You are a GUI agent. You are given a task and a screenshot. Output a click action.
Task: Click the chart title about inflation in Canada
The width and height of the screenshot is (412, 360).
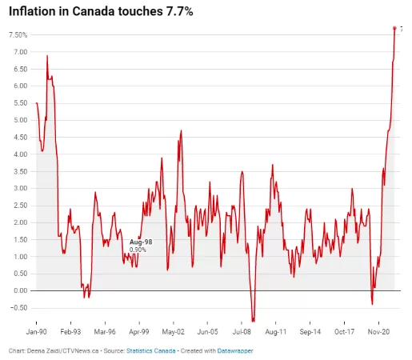click(101, 11)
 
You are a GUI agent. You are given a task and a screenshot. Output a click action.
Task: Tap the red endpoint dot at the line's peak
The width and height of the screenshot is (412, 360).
click(394, 28)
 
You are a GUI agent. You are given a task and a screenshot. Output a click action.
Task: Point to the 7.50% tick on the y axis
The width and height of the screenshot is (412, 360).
click(18, 35)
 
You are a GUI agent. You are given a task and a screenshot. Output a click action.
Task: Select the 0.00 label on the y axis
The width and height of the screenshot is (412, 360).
click(21, 290)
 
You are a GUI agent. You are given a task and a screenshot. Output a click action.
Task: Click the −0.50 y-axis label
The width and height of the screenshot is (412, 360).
click(19, 308)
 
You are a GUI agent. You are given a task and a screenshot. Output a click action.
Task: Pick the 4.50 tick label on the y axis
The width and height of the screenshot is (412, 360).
click(21, 138)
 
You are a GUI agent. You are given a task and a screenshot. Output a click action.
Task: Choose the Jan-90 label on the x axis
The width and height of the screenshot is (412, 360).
click(36, 332)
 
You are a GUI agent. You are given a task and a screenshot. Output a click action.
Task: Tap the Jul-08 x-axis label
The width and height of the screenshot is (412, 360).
click(242, 332)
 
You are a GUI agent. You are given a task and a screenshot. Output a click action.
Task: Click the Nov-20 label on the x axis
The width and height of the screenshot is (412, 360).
click(378, 332)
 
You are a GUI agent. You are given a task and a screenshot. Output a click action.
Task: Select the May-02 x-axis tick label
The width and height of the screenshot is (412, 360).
click(174, 332)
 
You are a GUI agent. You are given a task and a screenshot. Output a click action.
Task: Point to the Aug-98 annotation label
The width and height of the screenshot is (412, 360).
click(141, 242)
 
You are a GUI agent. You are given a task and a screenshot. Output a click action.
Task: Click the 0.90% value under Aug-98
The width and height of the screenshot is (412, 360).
click(138, 250)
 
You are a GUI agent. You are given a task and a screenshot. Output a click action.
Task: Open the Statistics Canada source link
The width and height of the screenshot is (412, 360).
click(151, 350)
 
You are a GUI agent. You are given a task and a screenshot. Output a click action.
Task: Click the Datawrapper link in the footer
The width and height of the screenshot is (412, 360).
click(235, 350)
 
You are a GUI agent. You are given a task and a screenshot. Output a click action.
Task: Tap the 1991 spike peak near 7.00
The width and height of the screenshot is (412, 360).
click(47, 55)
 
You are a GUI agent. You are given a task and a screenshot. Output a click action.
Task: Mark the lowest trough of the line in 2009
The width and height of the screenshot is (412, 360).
click(253, 321)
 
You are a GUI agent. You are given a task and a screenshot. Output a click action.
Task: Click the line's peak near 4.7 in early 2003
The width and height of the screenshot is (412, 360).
click(181, 130)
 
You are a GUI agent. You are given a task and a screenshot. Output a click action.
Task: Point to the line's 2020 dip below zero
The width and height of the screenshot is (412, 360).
click(372, 304)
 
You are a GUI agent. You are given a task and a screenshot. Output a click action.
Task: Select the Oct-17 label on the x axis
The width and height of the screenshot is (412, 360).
click(344, 332)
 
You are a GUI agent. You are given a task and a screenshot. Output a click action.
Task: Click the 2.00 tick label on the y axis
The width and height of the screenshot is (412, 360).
click(21, 222)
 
